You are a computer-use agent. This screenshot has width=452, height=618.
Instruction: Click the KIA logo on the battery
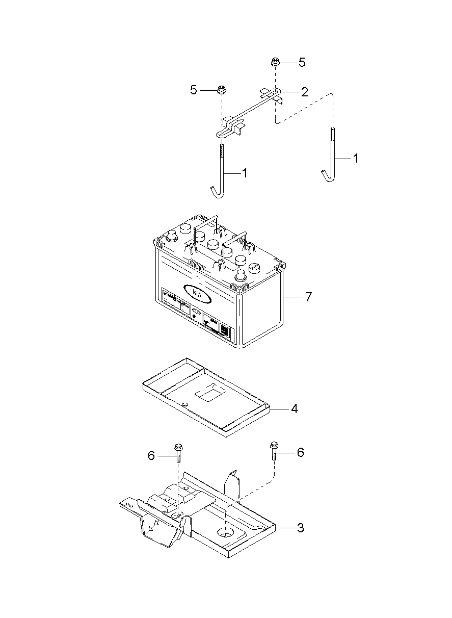[197, 293]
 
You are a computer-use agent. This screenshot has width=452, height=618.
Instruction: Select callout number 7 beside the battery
[308, 297]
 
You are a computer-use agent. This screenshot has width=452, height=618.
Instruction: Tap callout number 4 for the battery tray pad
[294, 409]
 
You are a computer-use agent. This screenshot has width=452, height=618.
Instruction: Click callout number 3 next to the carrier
[300, 528]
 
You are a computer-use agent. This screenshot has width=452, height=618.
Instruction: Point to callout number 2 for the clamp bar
[304, 92]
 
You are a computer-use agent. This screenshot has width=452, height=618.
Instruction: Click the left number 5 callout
[194, 90]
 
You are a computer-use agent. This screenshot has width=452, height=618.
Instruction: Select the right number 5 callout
[302, 63]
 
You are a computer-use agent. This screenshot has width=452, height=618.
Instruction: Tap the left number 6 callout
[151, 455]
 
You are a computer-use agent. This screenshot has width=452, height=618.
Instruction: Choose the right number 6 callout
[300, 452]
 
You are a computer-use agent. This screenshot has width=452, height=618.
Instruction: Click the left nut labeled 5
[222, 90]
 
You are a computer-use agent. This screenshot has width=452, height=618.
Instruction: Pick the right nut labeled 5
[275, 63]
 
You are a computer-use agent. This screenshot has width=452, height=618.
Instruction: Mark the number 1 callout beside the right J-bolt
[356, 159]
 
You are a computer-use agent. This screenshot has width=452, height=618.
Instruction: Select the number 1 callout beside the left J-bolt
[245, 173]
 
